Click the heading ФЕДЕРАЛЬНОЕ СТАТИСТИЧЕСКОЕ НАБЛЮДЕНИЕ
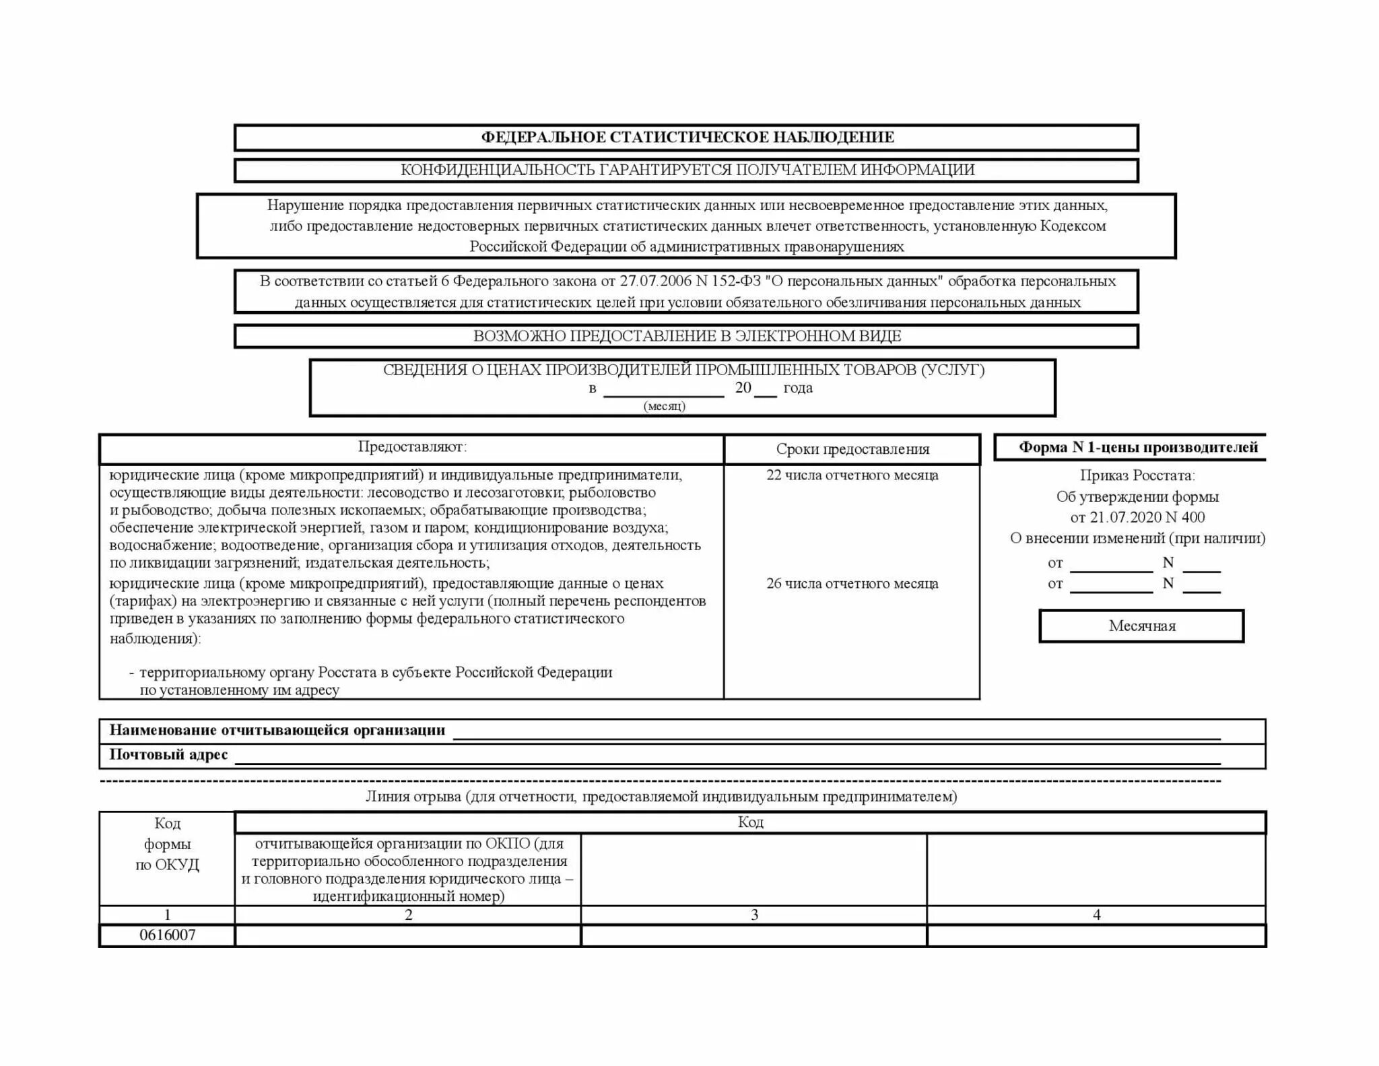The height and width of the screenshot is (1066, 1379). pos(687,137)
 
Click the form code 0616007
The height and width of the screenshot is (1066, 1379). pos(168,935)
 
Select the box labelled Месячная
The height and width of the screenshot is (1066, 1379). pos(1142,626)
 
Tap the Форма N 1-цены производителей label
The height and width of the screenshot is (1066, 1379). pos(1138,448)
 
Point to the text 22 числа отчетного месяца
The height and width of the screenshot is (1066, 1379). pos(852,475)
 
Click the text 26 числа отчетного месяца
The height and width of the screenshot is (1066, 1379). pos(852,584)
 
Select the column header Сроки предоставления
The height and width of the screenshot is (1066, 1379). pos(852,450)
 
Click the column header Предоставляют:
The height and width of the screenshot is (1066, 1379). pos(412,447)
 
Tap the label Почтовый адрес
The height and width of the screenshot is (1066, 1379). pos(169,755)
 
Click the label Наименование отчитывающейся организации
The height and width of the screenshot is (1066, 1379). pos(277,731)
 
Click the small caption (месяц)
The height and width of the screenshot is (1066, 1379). pos(665,406)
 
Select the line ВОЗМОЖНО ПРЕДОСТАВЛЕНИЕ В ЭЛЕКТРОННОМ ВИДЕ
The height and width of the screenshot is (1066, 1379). pos(687,336)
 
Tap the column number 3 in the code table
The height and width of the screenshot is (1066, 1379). pos(754,914)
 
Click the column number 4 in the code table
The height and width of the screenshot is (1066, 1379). pos(1097,914)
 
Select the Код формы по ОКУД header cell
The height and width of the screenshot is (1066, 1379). pos(168,844)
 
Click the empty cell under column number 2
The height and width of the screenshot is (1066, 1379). pos(408,935)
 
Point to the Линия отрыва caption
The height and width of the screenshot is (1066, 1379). pos(661,797)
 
